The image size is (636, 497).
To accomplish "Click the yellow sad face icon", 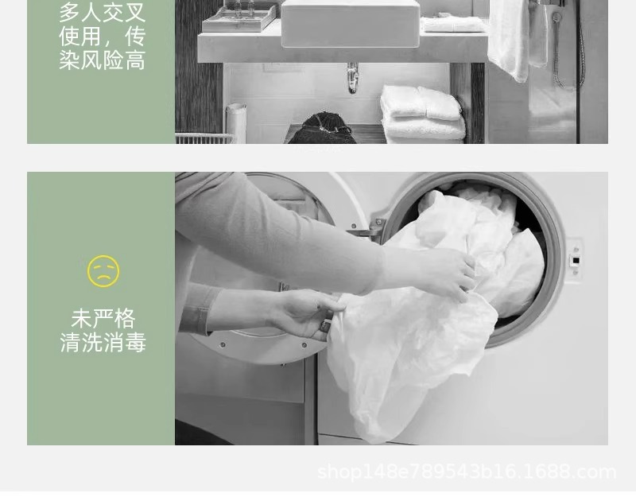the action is [103, 271].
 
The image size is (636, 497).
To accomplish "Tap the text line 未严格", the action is [103, 319].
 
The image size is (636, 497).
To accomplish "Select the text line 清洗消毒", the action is [103, 342].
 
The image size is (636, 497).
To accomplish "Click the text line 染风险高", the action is [103, 60].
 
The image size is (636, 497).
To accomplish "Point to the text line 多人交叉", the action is [103, 12].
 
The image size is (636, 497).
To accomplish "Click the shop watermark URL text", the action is [467, 472].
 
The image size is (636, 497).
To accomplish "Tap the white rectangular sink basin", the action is [351, 23].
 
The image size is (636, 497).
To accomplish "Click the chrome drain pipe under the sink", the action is [352, 77].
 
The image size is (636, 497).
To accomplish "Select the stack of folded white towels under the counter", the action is [422, 114].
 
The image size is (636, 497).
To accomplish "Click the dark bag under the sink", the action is [322, 129].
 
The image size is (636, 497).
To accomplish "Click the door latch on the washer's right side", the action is [574, 260].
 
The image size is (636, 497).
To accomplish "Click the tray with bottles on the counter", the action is [239, 17].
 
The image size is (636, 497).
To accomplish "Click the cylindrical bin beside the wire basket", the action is [235, 123].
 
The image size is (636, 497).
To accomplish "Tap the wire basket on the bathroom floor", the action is [205, 138].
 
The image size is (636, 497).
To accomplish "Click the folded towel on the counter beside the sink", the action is [452, 24].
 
